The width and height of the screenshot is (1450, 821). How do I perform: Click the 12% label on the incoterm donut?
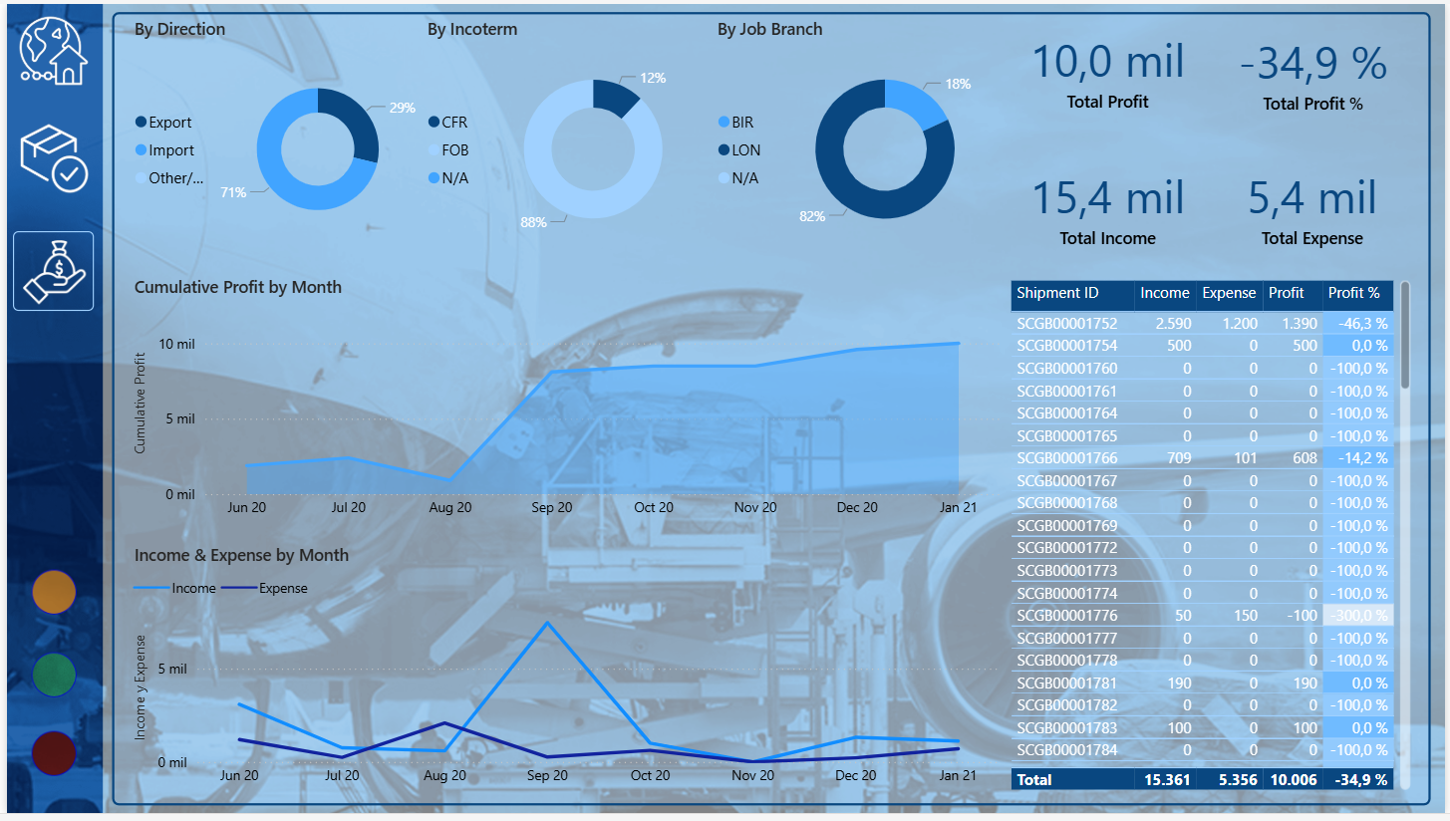653,78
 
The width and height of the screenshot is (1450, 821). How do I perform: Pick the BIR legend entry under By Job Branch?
741,123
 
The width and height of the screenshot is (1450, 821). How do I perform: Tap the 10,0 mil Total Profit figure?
1107,62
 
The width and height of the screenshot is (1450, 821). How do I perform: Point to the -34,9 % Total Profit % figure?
1312,64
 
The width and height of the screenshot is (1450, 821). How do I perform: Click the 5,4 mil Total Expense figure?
1311,198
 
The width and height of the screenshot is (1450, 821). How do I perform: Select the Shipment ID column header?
1057,293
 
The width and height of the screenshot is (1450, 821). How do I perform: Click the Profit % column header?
1353,293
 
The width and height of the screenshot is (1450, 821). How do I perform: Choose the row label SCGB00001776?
1066,616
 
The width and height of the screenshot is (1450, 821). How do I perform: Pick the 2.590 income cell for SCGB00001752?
1173,324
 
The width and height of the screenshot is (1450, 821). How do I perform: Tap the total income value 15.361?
1168,780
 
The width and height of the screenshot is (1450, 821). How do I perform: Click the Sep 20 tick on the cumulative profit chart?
551,507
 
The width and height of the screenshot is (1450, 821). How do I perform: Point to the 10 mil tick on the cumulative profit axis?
177,344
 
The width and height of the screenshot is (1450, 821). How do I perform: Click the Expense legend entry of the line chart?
283,588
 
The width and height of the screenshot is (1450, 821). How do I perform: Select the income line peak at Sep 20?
546,623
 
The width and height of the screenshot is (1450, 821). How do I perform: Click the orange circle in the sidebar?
54,592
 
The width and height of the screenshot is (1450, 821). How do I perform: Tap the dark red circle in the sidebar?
54,753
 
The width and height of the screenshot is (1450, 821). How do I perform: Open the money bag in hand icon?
54,271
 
